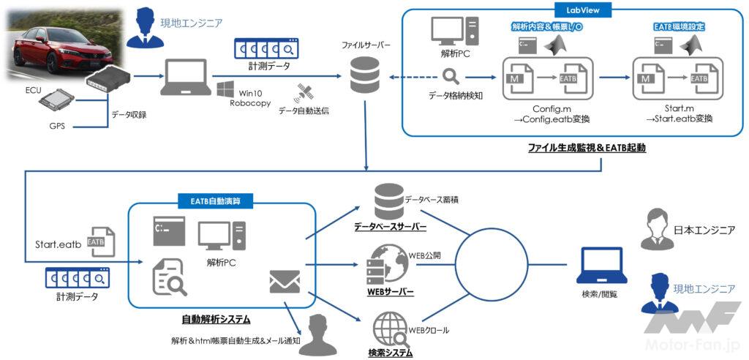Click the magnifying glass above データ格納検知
449,76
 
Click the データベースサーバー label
389,227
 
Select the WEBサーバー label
389,292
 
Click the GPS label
56,126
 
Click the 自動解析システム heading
216,319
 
